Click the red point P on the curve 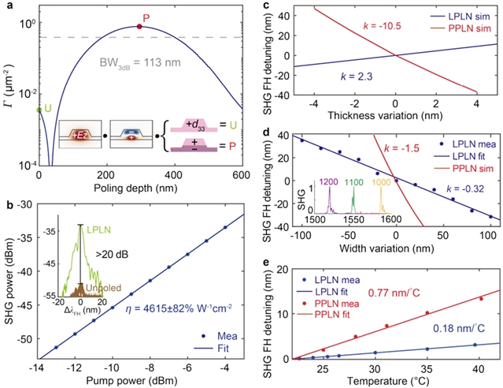[x=139, y=26]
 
